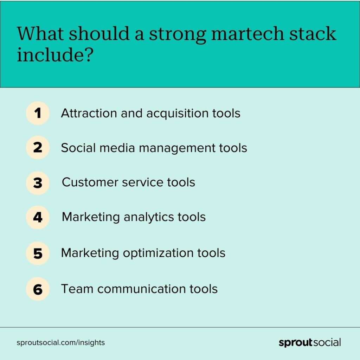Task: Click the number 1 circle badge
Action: tap(38, 113)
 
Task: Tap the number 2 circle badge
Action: tap(38, 147)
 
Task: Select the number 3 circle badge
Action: tap(38, 183)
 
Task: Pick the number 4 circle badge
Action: tap(38, 217)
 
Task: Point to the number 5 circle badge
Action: tap(38, 253)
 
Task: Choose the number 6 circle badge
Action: tap(38, 289)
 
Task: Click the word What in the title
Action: tap(40, 33)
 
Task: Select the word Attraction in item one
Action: tap(89, 113)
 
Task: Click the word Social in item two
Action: tap(78, 148)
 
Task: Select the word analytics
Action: tap(149, 218)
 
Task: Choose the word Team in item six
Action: tap(77, 289)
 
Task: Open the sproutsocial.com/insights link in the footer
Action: tap(60, 342)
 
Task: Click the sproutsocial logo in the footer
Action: tap(309, 342)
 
